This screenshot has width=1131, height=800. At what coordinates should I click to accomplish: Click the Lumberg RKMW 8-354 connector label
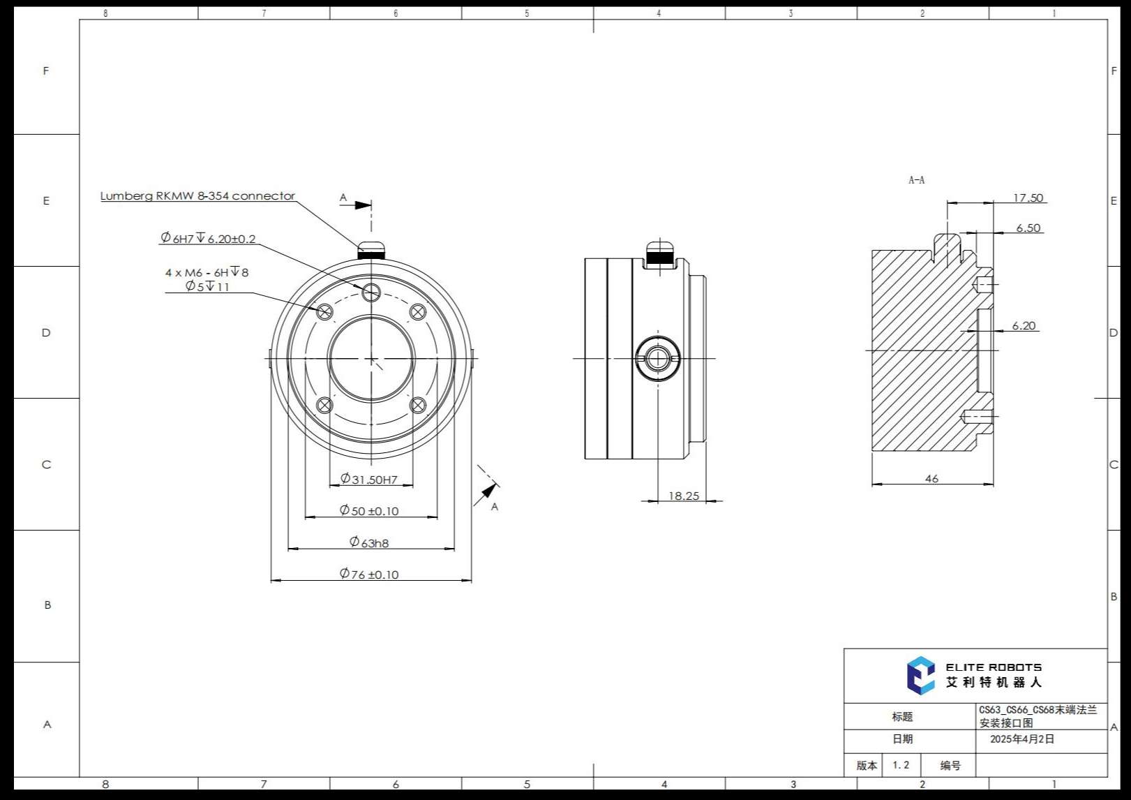pyautogui.click(x=197, y=196)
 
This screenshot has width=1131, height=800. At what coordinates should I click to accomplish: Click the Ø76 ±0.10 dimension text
pyautogui.click(x=369, y=575)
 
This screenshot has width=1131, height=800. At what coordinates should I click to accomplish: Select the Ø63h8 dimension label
pyautogui.click(x=369, y=542)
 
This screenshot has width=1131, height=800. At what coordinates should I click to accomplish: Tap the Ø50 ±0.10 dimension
pyautogui.click(x=369, y=511)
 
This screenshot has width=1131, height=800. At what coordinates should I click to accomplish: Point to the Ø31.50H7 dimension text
pyautogui.click(x=369, y=480)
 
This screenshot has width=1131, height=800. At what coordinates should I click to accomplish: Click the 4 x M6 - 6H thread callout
pyautogui.click(x=207, y=272)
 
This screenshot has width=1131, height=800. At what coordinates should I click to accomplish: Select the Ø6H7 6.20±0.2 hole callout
pyautogui.click(x=208, y=239)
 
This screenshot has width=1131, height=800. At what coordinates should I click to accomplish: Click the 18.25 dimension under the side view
pyautogui.click(x=683, y=496)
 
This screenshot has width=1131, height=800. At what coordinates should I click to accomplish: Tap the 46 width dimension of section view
pyautogui.click(x=931, y=479)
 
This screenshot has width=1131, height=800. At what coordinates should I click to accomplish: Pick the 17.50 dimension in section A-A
pyautogui.click(x=1028, y=198)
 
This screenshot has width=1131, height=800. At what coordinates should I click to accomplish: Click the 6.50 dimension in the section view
pyautogui.click(x=1028, y=228)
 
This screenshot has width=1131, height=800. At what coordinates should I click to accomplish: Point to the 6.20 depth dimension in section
pyautogui.click(x=1024, y=326)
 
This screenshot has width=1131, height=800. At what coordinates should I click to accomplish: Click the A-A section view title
pyautogui.click(x=916, y=180)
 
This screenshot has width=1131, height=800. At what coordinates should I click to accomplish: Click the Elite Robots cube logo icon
pyautogui.click(x=920, y=675)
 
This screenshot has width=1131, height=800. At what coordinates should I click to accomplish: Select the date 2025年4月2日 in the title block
pyautogui.click(x=1022, y=739)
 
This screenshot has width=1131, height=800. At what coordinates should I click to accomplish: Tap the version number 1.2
pyautogui.click(x=901, y=765)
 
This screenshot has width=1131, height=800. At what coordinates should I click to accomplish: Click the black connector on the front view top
pyautogui.click(x=371, y=255)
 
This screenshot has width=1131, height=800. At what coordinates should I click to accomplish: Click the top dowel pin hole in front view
pyautogui.click(x=371, y=292)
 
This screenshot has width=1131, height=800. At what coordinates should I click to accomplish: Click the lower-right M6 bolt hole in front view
pyautogui.click(x=418, y=405)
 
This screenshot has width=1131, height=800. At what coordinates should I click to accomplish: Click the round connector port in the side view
pyautogui.click(x=657, y=359)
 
